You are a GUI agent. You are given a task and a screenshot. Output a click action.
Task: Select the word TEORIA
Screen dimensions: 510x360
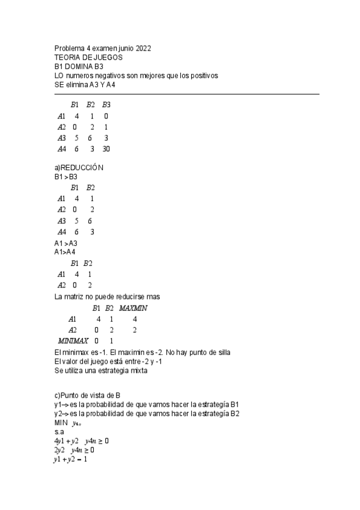click(x=67, y=57)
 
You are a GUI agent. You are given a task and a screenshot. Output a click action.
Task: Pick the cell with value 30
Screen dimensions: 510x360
click(x=106, y=149)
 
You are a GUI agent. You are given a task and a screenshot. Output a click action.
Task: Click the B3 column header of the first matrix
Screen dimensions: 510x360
click(x=106, y=105)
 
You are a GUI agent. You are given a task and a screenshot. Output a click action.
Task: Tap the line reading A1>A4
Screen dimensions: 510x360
click(x=66, y=252)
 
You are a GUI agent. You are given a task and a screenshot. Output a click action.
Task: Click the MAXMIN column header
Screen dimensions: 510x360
click(x=133, y=309)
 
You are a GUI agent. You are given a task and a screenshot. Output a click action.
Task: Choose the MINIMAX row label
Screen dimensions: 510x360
click(x=73, y=341)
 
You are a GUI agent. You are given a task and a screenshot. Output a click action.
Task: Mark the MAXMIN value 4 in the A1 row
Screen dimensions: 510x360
click(x=135, y=319)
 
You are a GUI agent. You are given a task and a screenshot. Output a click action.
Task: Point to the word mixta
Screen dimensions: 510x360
click(x=137, y=371)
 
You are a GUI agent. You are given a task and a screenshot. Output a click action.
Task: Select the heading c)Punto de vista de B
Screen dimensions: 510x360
click(x=88, y=395)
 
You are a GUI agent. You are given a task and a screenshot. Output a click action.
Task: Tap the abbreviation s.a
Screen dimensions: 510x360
click(x=58, y=432)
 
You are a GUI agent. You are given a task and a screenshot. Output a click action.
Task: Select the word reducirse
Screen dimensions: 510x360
click(x=127, y=296)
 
